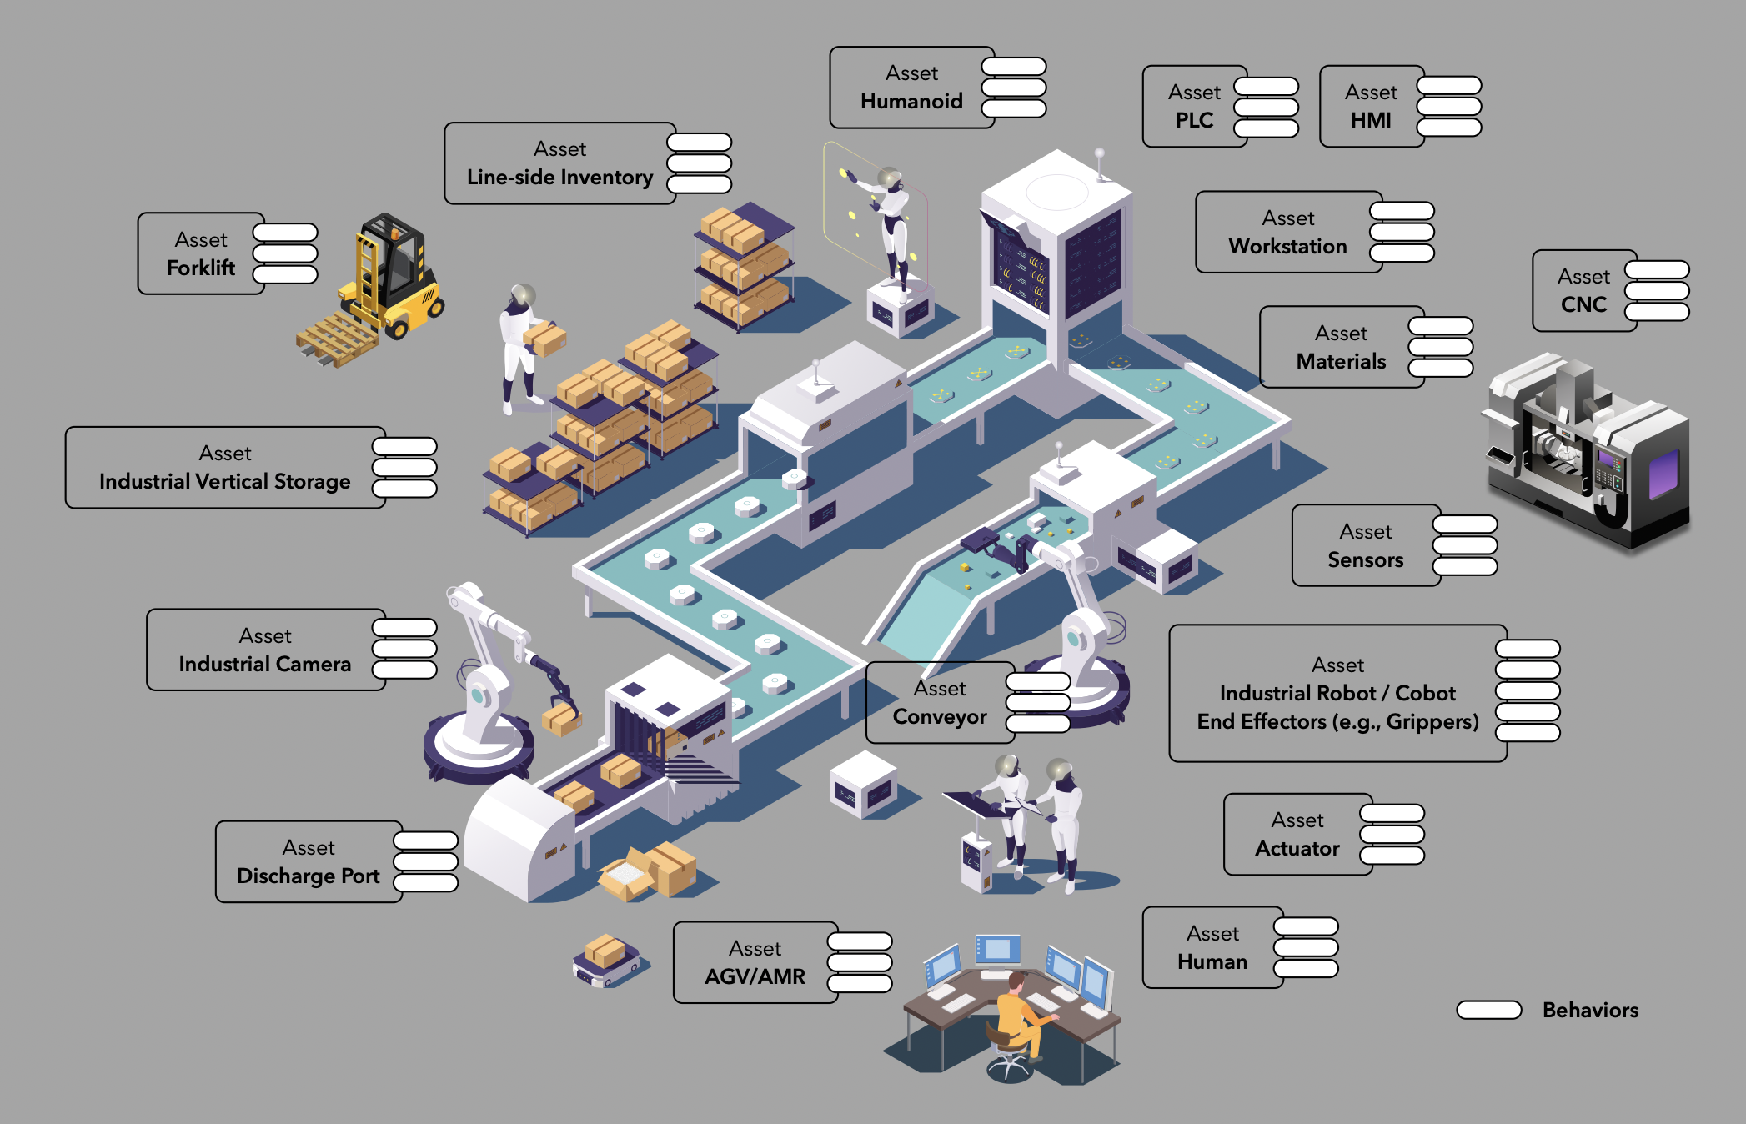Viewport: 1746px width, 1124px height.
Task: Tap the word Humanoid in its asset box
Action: click(911, 102)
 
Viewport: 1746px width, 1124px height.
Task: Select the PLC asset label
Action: click(1194, 120)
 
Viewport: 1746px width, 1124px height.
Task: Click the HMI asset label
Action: click(1371, 120)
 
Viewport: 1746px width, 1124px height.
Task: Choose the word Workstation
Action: click(1287, 247)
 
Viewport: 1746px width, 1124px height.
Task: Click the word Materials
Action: click(1341, 362)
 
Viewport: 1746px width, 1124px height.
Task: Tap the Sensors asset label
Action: click(1365, 560)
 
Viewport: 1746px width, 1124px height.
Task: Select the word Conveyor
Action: click(940, 717)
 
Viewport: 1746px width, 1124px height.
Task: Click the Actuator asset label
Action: click(1297, 849)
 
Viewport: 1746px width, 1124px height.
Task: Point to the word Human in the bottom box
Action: click(1212, 962)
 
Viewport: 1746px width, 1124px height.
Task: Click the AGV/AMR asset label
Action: click(755, 976)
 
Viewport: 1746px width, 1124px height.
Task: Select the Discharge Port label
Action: click(309, 876)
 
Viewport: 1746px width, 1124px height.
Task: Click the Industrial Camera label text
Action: click(265, 665)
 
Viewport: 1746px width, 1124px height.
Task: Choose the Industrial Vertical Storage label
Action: click(225, 482)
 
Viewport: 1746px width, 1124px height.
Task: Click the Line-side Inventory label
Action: click(559, 178)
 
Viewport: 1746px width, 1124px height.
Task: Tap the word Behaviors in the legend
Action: click(1590, 1011)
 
